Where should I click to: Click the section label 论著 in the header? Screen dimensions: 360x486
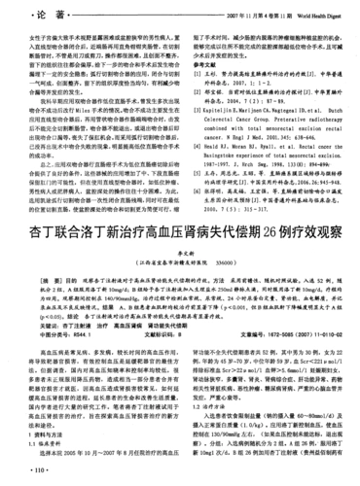pyautogui.click(x=29, y=17)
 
